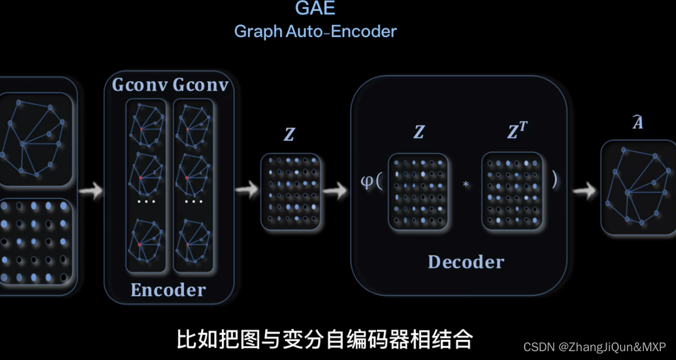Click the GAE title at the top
315,8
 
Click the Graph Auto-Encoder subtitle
315,31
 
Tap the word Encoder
168,289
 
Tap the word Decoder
466,262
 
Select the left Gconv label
139,84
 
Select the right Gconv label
200,84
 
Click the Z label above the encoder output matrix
289,134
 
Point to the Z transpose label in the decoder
516,131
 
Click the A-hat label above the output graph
638,122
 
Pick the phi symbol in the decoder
366,182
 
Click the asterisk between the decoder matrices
466,185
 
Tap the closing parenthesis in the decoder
554,180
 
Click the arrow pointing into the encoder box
91,190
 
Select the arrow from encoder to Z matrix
247,189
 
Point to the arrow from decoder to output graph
584,190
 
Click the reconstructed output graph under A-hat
638,187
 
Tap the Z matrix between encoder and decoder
291,191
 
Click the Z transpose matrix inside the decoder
513,191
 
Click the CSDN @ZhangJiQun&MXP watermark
595,347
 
